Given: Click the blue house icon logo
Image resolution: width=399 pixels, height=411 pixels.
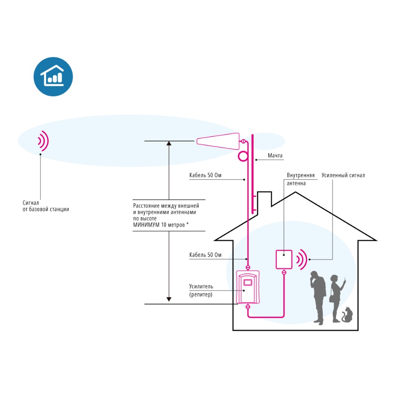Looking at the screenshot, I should tap(53, 77).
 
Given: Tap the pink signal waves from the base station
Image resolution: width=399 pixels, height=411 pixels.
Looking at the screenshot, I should tap(43, 141).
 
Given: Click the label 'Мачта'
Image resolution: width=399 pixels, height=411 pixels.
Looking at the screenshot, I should tap(275, 156).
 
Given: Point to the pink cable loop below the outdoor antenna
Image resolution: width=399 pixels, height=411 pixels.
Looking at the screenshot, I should tap(243, 156).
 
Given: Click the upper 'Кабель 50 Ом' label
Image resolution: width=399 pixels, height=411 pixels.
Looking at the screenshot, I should tap(205, 176).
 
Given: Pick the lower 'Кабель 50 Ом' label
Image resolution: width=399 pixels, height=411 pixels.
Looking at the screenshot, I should tap(205, 255).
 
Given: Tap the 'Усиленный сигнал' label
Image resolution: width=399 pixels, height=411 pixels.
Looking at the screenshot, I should tap(343, 175).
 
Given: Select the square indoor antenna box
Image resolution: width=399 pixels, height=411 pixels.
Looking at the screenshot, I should tap(284, 260).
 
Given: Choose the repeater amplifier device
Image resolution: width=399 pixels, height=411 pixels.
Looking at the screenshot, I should tap(248, 287).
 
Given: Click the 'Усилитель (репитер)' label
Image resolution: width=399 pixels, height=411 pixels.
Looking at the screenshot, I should tap(201, 290).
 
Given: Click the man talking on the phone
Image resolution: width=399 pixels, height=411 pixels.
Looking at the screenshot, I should tap(318, 297).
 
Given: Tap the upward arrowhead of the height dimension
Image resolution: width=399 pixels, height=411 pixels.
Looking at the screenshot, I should tap(169, 144).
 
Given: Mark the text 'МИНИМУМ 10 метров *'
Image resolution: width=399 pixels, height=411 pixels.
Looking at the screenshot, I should tap(161, 225).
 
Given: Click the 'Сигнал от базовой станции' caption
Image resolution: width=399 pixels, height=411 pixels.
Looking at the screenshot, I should tap(46, 205).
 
